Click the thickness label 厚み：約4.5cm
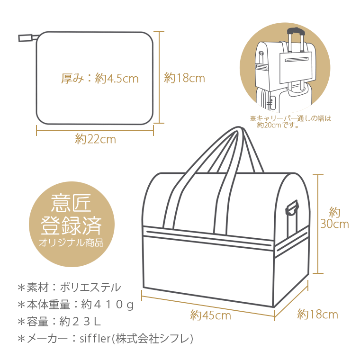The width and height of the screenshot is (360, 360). [x=100, y=79]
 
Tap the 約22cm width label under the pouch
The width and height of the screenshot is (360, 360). [x=96, y=139]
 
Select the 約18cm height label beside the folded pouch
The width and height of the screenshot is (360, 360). [x=184, y=78]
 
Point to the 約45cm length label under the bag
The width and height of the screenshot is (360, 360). [x=210, y=315]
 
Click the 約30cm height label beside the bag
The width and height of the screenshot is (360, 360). [x=334, y=218]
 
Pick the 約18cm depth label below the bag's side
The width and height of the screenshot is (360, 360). [x=317, y=315]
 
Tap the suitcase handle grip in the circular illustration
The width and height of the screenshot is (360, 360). [x=297, y=31]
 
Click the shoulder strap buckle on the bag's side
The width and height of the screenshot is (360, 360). [x=292, y=208]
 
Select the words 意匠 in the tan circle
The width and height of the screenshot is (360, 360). [x=72, y=203]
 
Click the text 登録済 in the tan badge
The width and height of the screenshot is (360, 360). [x=72, y=225]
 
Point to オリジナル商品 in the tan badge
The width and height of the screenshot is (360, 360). [x=71, y=243]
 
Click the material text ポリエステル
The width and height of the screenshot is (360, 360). [x=90, y=287]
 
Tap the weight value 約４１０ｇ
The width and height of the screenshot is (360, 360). [x=108, y=305]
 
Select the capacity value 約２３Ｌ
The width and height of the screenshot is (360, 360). [x=80, y=322]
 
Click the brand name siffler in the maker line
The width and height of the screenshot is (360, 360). [x=95, y=339]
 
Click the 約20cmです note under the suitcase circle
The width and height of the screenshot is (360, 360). [x=278, y=126]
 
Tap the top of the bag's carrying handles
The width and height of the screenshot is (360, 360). [x=239, y=129]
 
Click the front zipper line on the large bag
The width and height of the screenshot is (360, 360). [x=209, y=238]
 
